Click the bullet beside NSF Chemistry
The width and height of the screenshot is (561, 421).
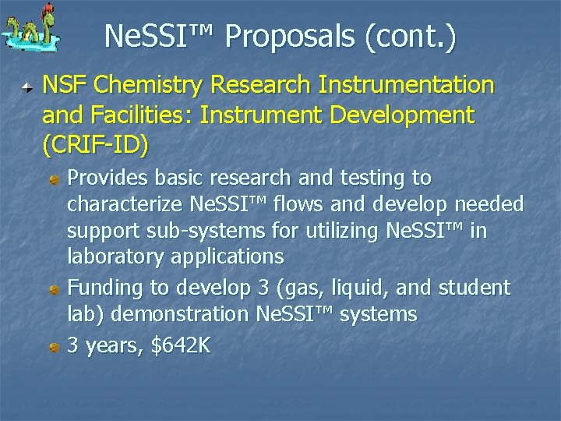point(27,86)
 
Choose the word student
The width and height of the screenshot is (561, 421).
point(473,288)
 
